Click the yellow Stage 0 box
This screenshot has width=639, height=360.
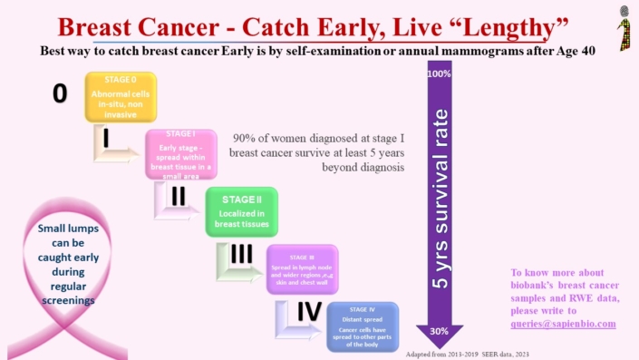[121, 97]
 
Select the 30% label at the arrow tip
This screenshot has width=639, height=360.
[440, 331]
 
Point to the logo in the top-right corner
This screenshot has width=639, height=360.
[623, 25]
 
